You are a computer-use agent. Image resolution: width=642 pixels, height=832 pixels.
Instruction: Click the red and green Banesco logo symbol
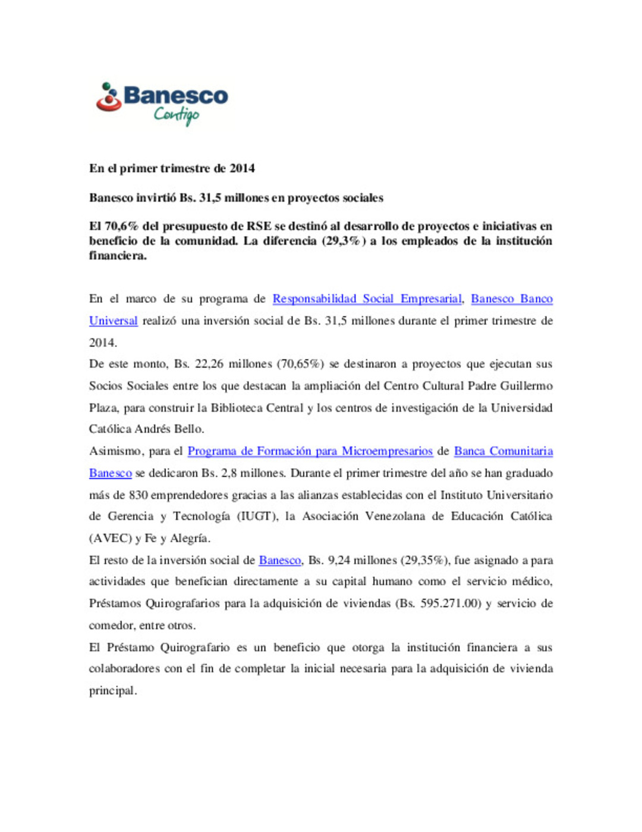pos(109,98)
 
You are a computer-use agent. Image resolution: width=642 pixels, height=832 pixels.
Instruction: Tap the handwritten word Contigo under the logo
pos(177,114)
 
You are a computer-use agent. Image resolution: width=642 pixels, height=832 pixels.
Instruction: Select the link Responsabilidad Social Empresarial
pos(367,299)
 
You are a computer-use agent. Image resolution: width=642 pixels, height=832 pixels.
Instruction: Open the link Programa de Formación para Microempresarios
pos(310,451)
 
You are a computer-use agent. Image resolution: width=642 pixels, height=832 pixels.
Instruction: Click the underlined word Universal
pos(113,321)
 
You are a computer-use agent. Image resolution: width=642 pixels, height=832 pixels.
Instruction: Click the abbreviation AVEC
pos(110,538)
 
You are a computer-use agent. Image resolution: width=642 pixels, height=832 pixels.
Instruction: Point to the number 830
pos(138,495)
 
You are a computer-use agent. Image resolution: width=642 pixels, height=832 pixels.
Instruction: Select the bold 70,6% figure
pos(121,226)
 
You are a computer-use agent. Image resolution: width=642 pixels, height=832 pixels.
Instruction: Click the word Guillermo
pos(526,386)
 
